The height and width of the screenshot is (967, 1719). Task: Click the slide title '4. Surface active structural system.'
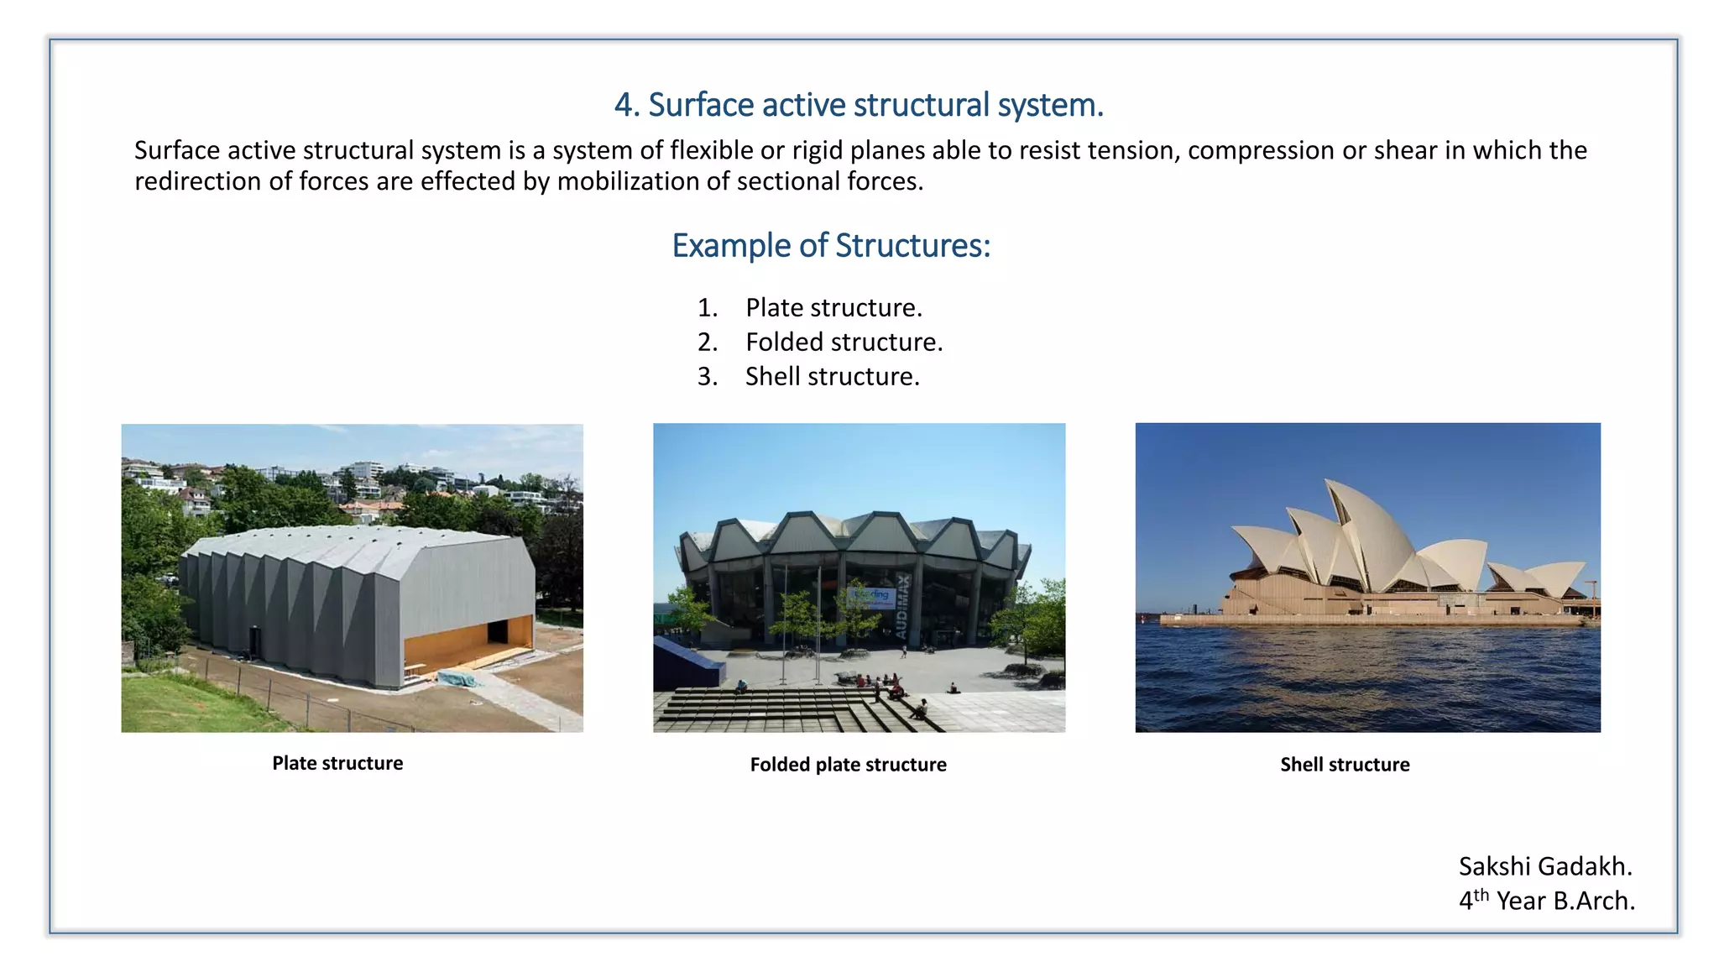click(859, 105)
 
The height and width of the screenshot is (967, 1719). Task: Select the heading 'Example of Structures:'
click(831, 246)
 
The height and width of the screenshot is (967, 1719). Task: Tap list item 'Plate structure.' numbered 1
click(833, 308)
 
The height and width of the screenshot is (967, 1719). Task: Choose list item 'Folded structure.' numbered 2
click(844, 342)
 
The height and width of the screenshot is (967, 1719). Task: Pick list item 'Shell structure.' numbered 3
click(832, 377)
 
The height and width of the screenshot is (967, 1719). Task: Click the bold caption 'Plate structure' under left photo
click(337, 763)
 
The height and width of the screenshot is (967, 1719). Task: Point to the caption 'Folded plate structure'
click(848, 765)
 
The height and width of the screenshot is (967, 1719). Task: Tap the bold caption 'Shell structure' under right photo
click(1345, 765)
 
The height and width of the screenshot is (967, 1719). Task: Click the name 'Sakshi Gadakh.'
click(1544, 866)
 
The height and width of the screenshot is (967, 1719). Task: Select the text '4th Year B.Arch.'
click(1546, 901)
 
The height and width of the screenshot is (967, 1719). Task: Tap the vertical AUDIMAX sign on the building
click(902, 606)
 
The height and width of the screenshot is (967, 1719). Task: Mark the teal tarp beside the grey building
click(458, 678)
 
